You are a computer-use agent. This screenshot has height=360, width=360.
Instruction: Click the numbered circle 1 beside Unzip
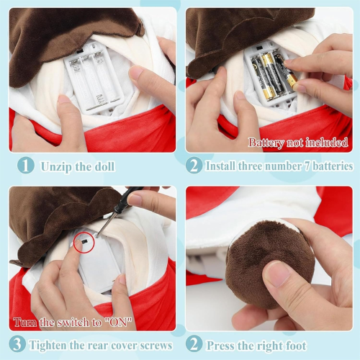25,166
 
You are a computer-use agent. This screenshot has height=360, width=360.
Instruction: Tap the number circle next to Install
194,166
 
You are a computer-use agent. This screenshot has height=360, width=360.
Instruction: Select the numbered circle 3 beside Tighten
19,344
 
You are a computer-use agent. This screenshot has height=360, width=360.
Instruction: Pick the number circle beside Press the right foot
194,344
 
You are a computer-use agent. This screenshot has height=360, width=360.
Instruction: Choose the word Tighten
58,345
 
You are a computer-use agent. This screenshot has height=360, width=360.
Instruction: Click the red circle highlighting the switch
84,243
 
